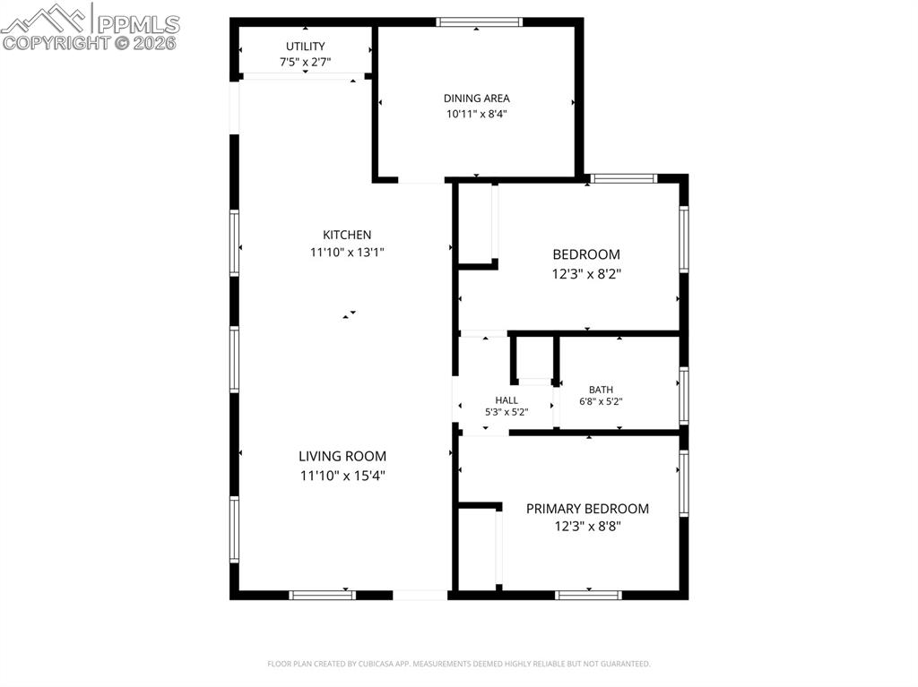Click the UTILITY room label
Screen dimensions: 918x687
pyautogui.click(x=305, y=47)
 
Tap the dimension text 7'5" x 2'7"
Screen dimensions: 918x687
pyautogui.click(x=305, y=62)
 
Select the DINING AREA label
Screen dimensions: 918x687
pyautogui.click(x=477, y=99)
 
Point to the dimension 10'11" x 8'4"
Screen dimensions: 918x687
pyautogui.click(x=477, y=114)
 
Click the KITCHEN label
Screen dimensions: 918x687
pyautogui.click(x=347, y=235)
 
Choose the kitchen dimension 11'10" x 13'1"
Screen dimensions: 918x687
pyautogui.click(x=347, y=253)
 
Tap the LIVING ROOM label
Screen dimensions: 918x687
pyautogui.click(x=342, y=457)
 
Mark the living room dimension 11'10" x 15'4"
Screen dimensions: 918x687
pyautogui.click(x=342, y=475)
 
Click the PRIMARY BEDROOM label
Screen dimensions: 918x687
pyautogui.click(x=587, y=509)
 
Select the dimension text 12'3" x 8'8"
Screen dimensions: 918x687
pyautogui.click(x=587, y=526)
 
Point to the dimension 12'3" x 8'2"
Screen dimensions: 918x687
pyautogui.click(x=586, y=273)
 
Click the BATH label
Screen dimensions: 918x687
pyautogui.click(x=601, y=390)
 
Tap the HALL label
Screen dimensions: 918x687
pyautogui.click(x=507, y=400)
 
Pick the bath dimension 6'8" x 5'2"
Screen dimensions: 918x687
pyautogui.click(x=601, y=402)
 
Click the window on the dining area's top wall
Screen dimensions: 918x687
pyautogui.click(x=479, y=22)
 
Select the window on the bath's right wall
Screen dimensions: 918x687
pyautogui.click(x=684, y=396)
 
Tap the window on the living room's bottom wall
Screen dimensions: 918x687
pyautogui.click(x=322, y=595)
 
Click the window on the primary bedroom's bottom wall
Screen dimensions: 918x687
pyautogui.click(x=588, y=595)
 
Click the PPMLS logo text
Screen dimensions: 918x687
pyautogui.click(x=138, y=24)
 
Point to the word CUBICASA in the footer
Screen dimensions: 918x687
pyautogui.click(x=378, y=664)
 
